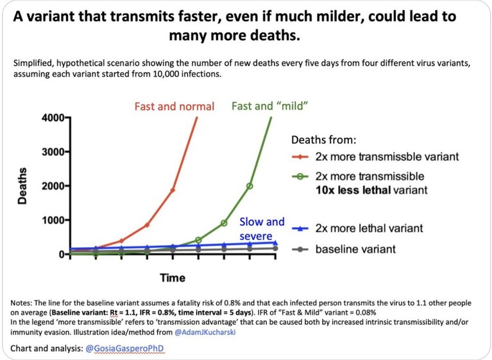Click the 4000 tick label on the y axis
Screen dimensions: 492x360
coord(53,118)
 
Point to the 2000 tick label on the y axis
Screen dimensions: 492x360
coord(53,186)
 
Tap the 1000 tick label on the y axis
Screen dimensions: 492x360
coord(53,220)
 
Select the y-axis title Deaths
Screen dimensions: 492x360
coord(22,186)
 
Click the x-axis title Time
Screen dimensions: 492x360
coord(173,278)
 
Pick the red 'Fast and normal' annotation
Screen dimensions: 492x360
coord(174,107)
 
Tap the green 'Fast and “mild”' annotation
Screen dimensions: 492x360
coord(269,106)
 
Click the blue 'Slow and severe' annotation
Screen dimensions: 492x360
coord(262,229)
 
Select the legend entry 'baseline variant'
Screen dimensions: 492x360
coord(355,249)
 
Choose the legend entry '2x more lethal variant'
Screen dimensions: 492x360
coord(369,228)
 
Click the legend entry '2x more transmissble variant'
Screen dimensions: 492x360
coord(387,157)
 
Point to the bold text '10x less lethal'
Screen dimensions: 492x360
coord(353,190)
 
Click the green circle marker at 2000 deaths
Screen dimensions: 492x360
coord(250,186)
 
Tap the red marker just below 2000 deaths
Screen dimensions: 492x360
coord(173,190)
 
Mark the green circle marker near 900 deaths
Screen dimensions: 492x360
coord(224,223)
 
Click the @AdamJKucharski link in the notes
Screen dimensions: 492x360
coord(205,332)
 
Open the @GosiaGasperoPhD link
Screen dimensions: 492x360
coord(124,348)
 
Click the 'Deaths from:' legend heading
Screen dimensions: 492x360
coord(324,140)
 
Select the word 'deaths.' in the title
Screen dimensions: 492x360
coord(275,35)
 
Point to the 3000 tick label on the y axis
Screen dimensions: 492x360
coord(53,152)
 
